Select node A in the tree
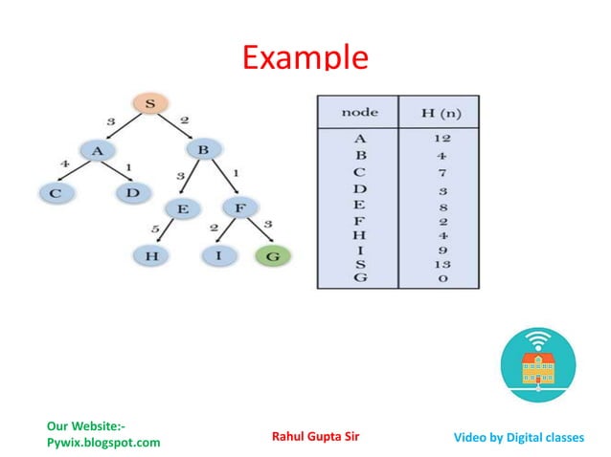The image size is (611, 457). pyautogui.click(x=97, y=150)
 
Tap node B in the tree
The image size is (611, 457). pyautogui.click(x=204, y=150)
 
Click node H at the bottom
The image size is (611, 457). pyautogui.click(x=150, y=255)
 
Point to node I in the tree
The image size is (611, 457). pyautogui.click(x=218, y=255)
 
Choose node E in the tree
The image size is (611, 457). pyautogui.click(x=179, y=207)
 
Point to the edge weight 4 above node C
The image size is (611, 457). pyautogui.click(x=65, y=164)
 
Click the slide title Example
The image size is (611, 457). pyautogui.click(x=305, y=56)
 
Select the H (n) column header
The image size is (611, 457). pyautogui.click(x=440, y=112)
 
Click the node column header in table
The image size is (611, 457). pyautogui.click(x=359, y=112)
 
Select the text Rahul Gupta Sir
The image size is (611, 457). pyautogui.click(x=316, y=437)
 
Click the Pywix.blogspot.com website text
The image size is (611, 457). pyautogui.click(x=103, y=443)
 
